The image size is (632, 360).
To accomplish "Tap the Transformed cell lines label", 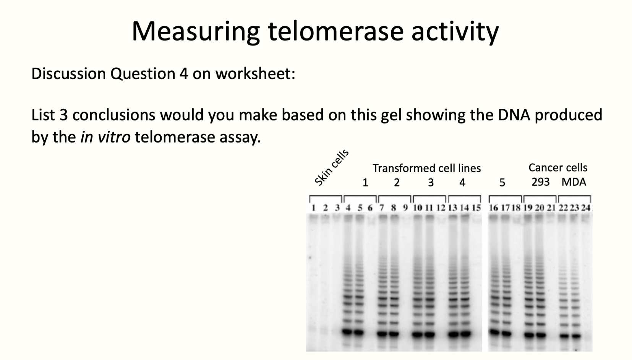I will click(x=426, y=168).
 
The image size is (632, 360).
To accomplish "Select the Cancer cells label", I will click(x=557, y=167).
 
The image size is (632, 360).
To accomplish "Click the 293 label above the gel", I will click(x=540, y=182).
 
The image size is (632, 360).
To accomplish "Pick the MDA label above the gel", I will click(x=574, y=182).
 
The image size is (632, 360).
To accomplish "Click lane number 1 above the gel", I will click(x=313, y=208).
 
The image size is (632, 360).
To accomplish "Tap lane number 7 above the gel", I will click(x=381, y=208).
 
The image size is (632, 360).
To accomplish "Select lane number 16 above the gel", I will click(x=493, y=208).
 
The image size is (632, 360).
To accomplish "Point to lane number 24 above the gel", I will click(x=586, y=208).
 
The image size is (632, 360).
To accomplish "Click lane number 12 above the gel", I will click(x=441, y=208).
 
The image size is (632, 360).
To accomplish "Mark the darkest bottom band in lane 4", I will click(x=347, y=332).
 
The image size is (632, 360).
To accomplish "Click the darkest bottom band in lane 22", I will click(x=564, y=336).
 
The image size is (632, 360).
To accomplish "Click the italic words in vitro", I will click(x=105, y=137).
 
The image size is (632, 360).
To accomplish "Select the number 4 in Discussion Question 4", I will click(x=184, y=74).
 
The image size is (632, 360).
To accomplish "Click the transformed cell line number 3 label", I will click(x=431, y=183).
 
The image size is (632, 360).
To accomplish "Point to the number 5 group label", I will click(x=502, y=183).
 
